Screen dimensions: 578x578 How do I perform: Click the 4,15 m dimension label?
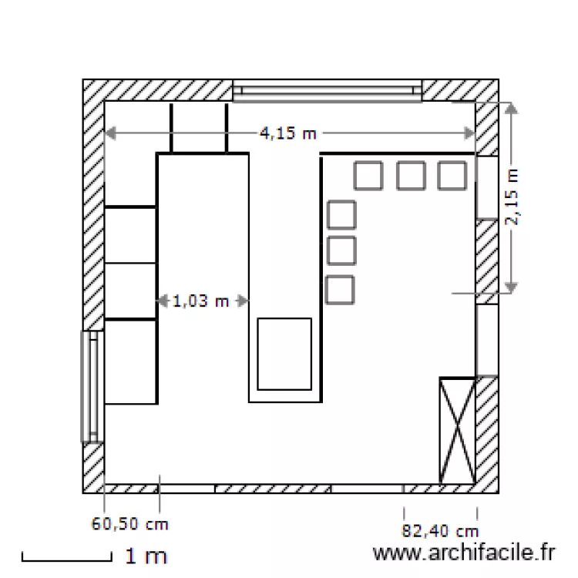[288, 133]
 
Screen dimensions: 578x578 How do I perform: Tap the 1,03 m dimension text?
[200, 301]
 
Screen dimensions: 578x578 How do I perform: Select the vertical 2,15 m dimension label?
[512, 197]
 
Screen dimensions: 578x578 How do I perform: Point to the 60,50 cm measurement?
[129, 524]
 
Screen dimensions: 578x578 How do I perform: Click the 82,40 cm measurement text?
[440, 531]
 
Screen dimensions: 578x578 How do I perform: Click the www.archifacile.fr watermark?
[464, 553]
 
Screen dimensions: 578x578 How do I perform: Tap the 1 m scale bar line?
[67, 560]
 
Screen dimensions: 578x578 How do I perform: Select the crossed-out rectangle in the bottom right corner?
[458, 430]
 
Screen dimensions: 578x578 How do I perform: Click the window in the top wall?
[327, 91]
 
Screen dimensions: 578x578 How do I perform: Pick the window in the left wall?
[92, 386]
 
